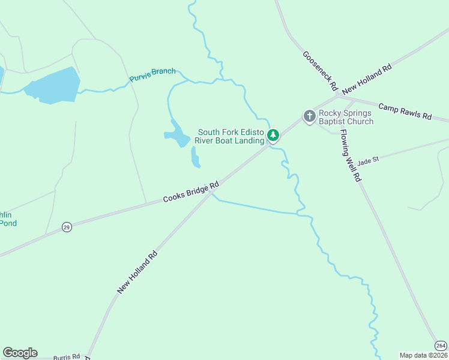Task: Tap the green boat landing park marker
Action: (273, 135)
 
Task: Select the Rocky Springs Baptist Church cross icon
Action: (309, 116)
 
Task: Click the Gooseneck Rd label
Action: (321, 71)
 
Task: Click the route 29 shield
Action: (67, 227)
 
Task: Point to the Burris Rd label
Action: (66, 356)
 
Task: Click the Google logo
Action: (20, 353)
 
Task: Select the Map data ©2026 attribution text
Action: (423, 355)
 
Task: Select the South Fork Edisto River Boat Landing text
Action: (231, 136)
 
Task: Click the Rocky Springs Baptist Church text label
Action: (346, 117)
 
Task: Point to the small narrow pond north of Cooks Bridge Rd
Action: (196, 157)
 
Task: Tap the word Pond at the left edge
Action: (8, 223)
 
